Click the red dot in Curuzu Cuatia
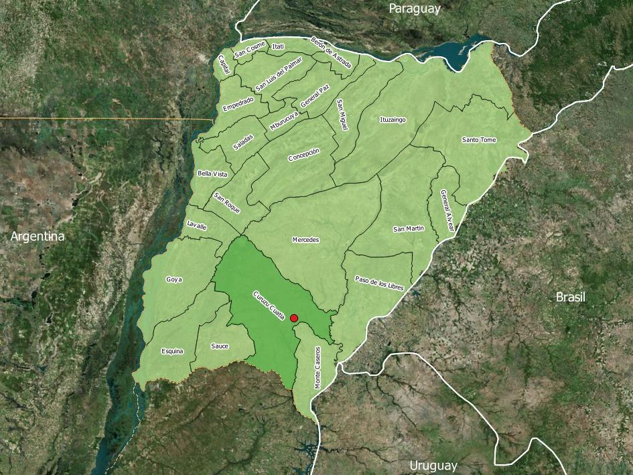coord(294,318)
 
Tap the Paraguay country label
coord(415,9)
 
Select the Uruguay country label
coord(433,466)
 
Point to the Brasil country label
coord(571,297)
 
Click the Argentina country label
coord(38,236)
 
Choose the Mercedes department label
coord(305,240)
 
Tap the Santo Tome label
coord(479,140)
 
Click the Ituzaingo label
coord(393,120)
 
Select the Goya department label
coord(174,279)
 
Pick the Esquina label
coord(172,351)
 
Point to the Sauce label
coord(219,346)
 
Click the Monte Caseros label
coord(318,368)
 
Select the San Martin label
coord(408,229)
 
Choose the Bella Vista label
coord(212,174)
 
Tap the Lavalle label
coord(197,226)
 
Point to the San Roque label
coord(226,203)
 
